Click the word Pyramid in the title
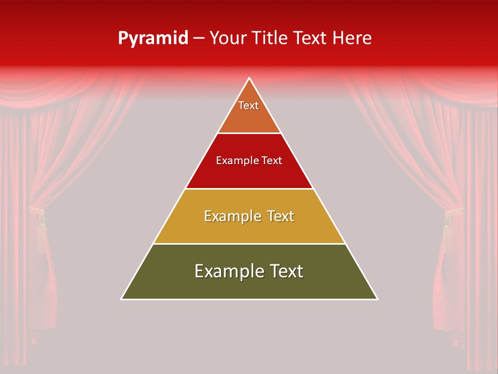tap(153, 38)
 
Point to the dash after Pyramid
tap(199, 38)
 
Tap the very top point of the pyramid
tap(249, 78)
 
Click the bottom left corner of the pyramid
tap(122, 299)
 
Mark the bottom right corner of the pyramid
tap(377, 299)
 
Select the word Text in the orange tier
tap(248, 105)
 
